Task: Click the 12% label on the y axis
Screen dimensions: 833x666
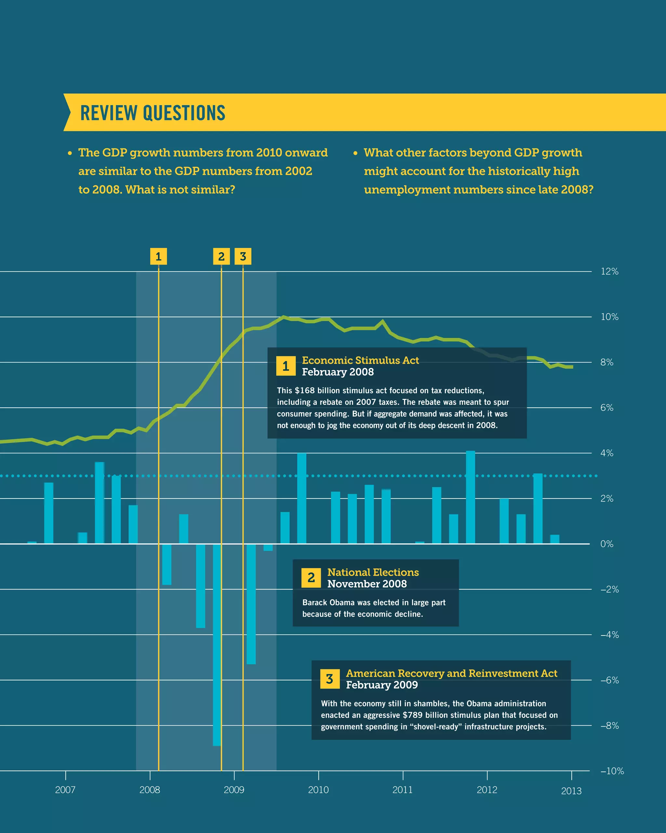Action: click(x=609, y=272)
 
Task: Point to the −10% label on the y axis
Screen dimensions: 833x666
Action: click(x=612, y=771)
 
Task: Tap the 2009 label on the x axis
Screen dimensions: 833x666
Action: click(x=234, y=789)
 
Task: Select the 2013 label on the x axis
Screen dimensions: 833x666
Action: click(x=571, y=791)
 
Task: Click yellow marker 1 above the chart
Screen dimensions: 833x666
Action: click(x=158, y=256)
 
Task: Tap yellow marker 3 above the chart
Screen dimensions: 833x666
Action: click(x=243, y=256)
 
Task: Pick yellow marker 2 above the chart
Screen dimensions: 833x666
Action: click(x=221, y=256)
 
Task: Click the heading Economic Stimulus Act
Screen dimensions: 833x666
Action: click(x=360, y=360)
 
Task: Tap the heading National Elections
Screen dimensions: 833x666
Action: click(x=373, y=572)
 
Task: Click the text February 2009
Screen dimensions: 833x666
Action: click(x=382, y=685)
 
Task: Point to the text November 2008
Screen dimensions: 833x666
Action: click(x=367, y=584)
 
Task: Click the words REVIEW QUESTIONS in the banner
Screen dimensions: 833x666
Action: click(x=153, y=113)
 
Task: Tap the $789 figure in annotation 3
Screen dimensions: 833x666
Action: click(x=412, y=715)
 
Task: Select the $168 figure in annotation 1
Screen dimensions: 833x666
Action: click(x=305, y=390)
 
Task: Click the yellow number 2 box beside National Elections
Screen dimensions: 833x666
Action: click(x=311, y=578)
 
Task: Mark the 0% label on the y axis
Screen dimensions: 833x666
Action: click(x=606, y=544)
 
